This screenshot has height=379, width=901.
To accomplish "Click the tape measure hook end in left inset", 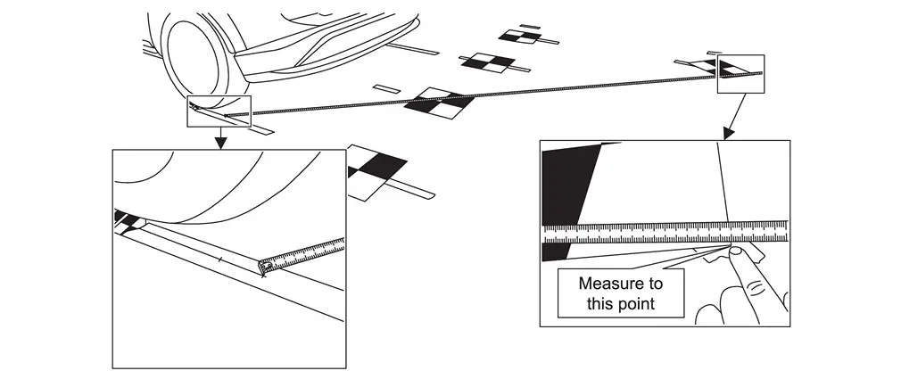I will (x=265, y=265).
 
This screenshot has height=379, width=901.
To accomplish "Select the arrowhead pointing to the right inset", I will (x=728, y=135).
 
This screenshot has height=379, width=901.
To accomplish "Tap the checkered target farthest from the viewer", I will (x=519, y=36).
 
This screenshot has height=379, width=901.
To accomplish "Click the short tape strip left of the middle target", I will (x=386, y=87).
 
